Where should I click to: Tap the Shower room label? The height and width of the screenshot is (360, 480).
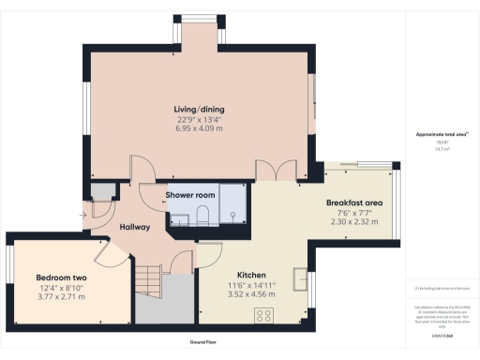190,194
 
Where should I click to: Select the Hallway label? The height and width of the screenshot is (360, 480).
136,227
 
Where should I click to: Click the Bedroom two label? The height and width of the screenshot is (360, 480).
60,277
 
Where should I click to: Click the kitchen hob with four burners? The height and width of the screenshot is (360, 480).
262,314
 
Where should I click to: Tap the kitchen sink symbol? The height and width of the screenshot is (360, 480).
300,279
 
